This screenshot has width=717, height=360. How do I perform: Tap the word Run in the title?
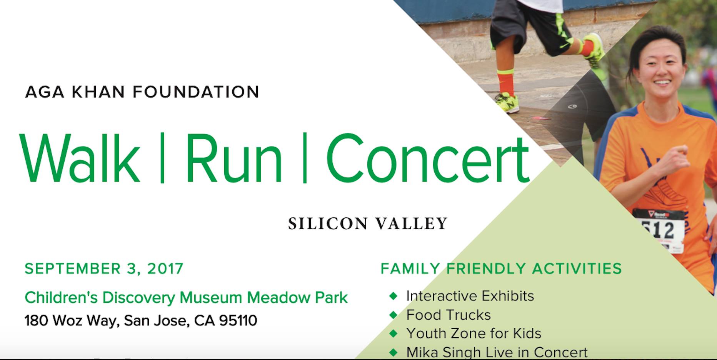pyautogui.click(x=234, y=158)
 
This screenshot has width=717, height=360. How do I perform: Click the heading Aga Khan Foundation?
pyautogui.click(x=142, y=92)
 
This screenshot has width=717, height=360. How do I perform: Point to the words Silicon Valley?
pyautogui.click(x=368, y=223)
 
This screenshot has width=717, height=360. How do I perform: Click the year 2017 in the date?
pyautogui.click(x=165, y=268)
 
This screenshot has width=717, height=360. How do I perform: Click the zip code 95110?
pyautogui.click(x=238, y=320)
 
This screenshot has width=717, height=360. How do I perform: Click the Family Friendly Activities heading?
pyautogui.click(x=501, y=268)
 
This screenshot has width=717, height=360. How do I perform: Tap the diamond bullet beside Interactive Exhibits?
pyautogui.click(x=393, y=296)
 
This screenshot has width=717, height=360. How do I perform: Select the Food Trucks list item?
pyautogui.click(x=449, y=315)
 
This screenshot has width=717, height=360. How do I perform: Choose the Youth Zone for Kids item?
pyautogui.click(x=474, y=333)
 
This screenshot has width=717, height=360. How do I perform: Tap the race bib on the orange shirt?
pyautogui.click(x=659, y=230)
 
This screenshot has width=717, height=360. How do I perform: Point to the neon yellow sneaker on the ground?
pyautogui.click(x=507, y=102)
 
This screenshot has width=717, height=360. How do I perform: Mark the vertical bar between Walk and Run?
pyautogui.click(x=162, y=158)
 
